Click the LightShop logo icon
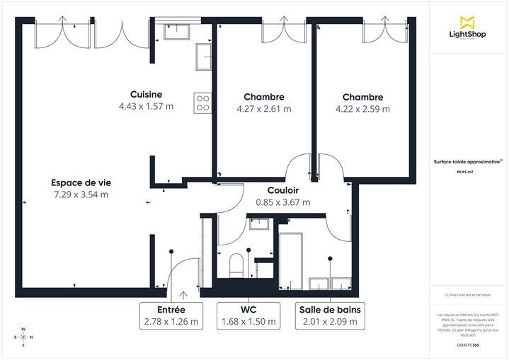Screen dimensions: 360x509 pyautogui.click(x=467, y=22)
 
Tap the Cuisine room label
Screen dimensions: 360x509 pyautogui.click(x=146, y=95)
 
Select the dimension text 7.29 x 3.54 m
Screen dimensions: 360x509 pyautogui.click(x=81, y=194)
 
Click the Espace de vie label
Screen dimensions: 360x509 pyautogui.click(x=81, y=182)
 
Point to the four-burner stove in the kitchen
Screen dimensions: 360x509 pyautogui.click(x=202, y=103)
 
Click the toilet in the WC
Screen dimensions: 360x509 pyautogui.click(x=237, y=266)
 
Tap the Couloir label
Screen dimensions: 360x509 pyautogui.click(x=282, y=190)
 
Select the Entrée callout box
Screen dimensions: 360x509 pyautogui.click(x=171, y=315)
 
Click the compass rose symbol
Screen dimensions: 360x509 pyautogui.click(x=23, y=337)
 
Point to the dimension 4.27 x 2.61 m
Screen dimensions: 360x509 pyautogui.click(x=263, y=109)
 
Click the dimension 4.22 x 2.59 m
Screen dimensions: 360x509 pyautogui.click(x=362, y=109)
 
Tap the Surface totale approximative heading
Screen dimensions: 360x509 pyautogui.click(x=467, y=161)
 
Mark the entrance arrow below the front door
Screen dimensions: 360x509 pyautogui.click(x=183, y=295)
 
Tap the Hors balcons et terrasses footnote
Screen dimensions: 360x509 pyautogui.click(x=467, y=295)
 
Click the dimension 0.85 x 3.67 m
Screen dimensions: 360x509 pyautogui.click(x=282, y=202)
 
